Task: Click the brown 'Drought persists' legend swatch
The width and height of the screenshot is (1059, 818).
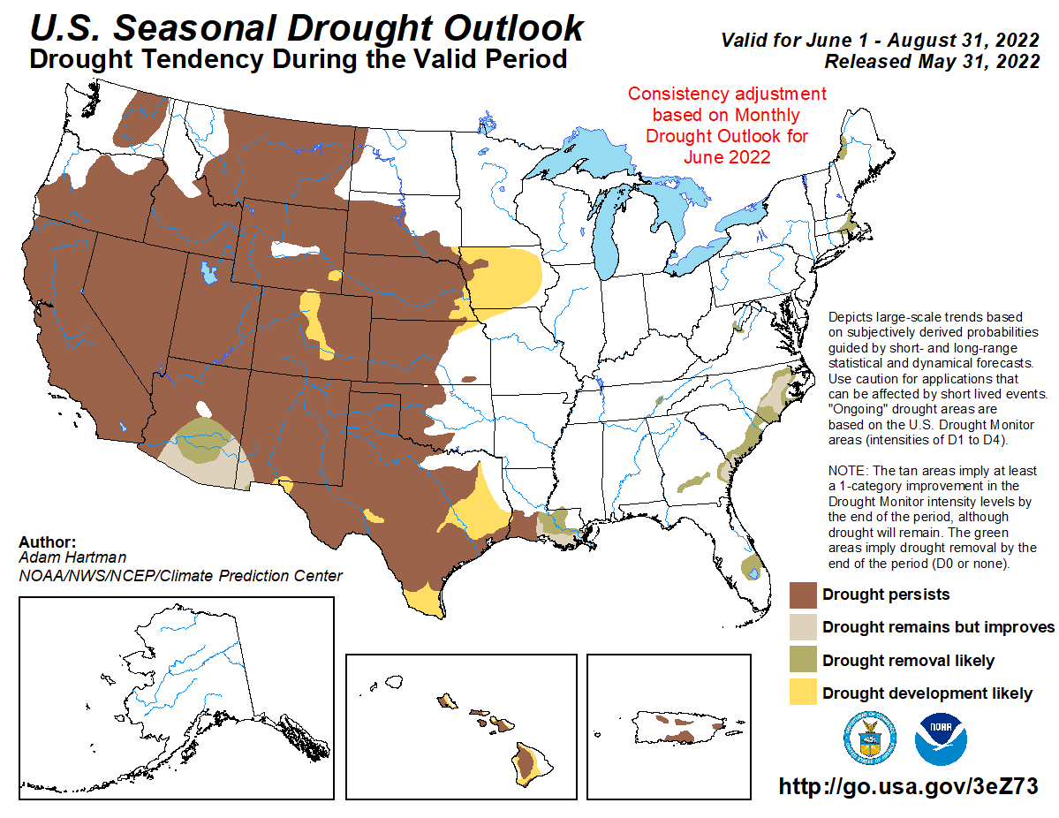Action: [x=802, y=595]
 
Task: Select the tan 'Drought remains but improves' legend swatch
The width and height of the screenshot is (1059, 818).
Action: [x=802, y=627]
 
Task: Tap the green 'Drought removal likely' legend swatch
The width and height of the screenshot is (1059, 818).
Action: [x=802, y=661]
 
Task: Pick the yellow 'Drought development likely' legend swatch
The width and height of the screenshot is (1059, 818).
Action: [x=802, y=693]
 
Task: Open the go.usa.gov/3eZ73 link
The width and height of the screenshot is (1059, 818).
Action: [x=907, y=786]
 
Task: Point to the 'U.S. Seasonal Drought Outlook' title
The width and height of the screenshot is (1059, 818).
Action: [x=306, y=28]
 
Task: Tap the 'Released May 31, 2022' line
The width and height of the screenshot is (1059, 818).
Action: [x=931, y=62]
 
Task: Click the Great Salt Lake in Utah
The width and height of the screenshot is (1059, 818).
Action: [x=208, y=271]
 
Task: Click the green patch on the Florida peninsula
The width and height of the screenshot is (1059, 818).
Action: [x=752, y=564]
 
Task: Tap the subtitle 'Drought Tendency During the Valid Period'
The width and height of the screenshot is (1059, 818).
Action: [x=298, y=60]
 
